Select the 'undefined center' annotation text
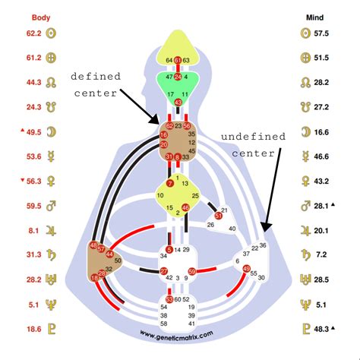[x=254, y=144]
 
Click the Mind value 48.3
[x=324, y=328]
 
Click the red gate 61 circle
[x=178, y=60]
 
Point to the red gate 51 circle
[x=218, y=216]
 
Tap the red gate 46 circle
[x=186, y=207]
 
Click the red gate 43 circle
[x=178, y=102]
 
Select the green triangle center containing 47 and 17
[x=178, y=86]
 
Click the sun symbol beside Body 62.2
[x=52, y=33]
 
